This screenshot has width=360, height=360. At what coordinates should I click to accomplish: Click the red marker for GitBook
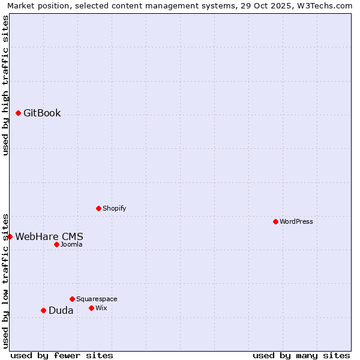pos(18,113)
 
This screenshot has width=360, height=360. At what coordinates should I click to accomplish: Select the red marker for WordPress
pos(275,221)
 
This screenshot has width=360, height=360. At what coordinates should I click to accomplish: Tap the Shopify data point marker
pos(98,208)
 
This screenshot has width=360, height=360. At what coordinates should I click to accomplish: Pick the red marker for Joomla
pos(56,244)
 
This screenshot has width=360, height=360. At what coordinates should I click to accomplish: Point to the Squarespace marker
pos(72,299)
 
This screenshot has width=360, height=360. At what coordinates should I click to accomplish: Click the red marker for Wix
pos(91,308)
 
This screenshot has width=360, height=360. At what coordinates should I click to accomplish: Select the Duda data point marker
pos(43,310)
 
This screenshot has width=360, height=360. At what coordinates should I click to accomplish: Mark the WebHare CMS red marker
pos(10,236)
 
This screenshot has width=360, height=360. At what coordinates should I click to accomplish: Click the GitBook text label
pos(42,113)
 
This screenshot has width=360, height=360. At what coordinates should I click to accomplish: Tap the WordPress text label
pos(296,221)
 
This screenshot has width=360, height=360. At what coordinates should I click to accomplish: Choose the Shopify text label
pos(114,208)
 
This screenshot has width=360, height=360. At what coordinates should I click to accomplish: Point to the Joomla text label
pos(71,244)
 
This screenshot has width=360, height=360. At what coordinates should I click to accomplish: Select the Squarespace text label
pos(97,299)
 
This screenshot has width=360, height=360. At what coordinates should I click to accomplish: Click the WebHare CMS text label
pos(49,236)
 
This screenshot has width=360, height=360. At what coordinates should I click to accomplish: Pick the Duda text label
pos(61,310)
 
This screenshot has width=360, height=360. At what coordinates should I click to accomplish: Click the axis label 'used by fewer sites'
pos(62,355)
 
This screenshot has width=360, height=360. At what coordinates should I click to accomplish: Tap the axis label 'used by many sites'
pos(301,355)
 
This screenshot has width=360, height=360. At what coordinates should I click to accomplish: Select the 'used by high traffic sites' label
pos(5,85)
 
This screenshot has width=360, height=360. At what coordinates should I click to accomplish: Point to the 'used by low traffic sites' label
pos(5,281)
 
